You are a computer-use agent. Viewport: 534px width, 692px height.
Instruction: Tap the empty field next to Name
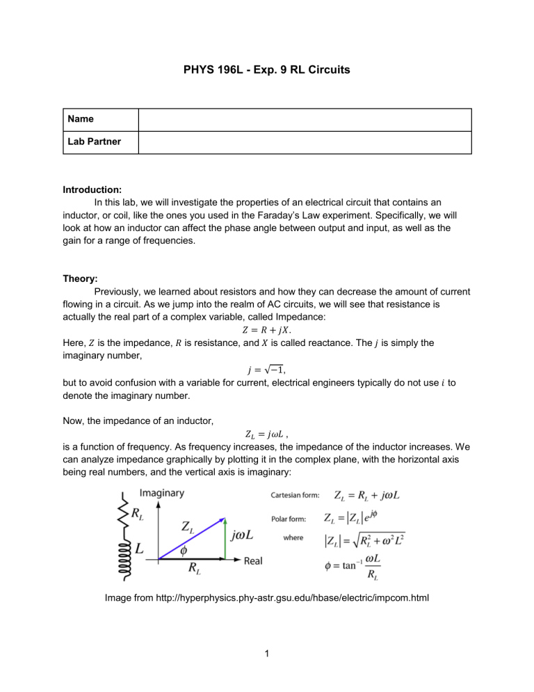[x=305, y=120]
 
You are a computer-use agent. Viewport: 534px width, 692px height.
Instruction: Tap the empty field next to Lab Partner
[x=305, y=141]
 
